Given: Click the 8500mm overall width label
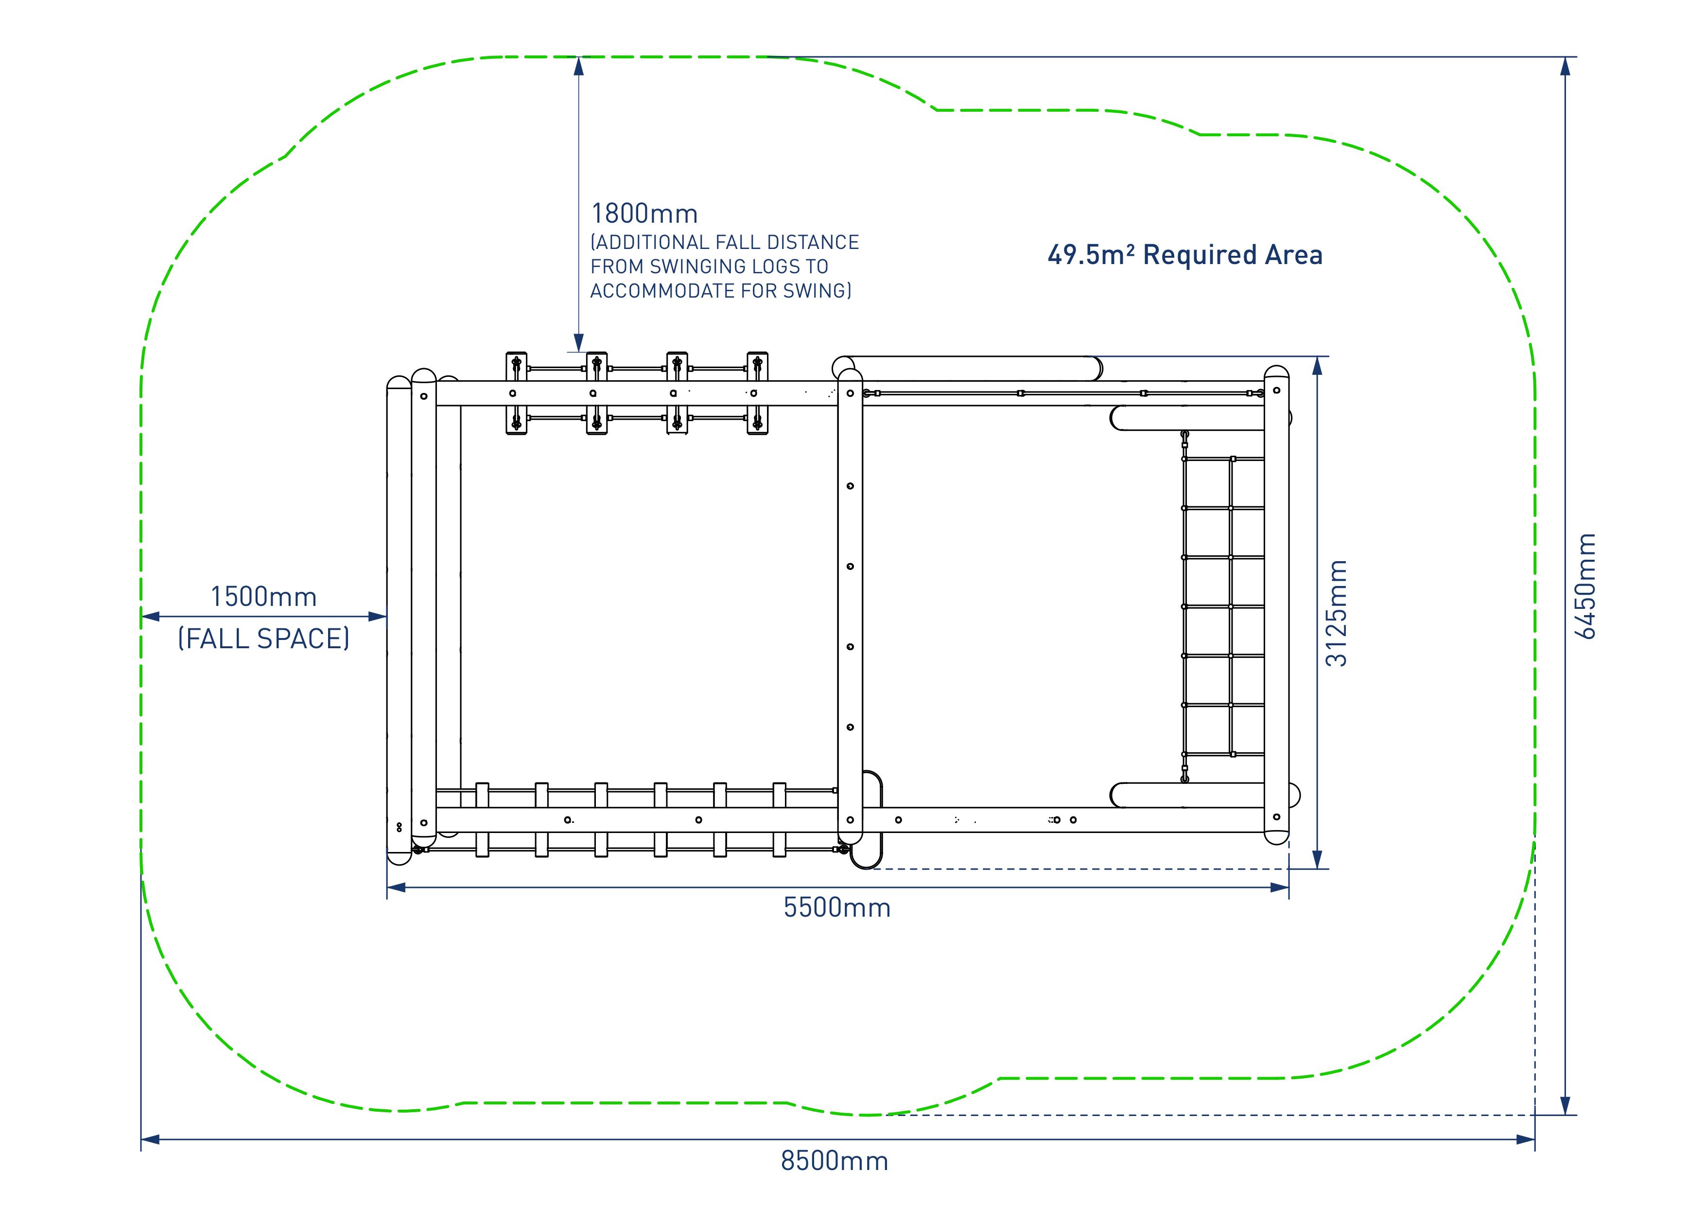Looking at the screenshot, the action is (834, 1161).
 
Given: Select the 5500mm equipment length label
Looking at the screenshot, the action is (837, 907).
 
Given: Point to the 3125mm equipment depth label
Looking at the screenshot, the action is (1337, 613).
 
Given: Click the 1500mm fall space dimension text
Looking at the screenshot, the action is (263, 597).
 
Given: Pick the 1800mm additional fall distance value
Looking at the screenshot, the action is (644, 214).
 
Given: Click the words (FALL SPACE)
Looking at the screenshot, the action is (263, 638).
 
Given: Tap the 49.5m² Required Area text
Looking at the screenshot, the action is (1185, 255).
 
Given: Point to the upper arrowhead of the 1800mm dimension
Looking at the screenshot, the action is (578, 65).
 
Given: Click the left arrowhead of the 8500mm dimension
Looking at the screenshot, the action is (150, 1139).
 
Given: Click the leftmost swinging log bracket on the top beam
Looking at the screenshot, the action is (516, 393).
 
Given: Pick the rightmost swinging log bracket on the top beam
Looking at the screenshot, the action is (757, 393).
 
